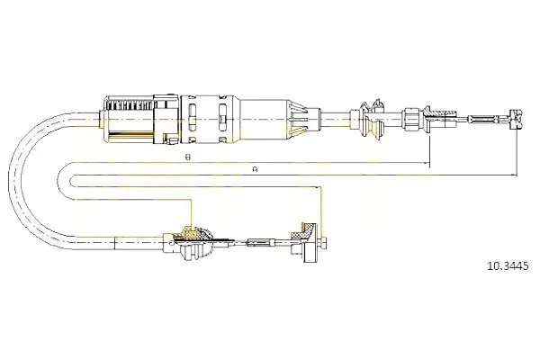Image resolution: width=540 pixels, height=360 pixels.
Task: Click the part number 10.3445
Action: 507,266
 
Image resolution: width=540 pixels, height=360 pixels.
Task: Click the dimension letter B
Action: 187,157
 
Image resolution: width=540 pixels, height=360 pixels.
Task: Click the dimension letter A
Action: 255,169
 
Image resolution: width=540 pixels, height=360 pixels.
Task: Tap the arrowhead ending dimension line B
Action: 427,163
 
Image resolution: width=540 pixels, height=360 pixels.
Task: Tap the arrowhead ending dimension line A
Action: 515,175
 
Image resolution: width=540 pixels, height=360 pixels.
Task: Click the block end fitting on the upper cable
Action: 516,119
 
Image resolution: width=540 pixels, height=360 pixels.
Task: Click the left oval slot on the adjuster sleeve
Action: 193,118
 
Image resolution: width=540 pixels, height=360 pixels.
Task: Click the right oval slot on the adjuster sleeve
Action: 222,118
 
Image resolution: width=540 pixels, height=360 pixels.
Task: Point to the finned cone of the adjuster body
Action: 298,119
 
